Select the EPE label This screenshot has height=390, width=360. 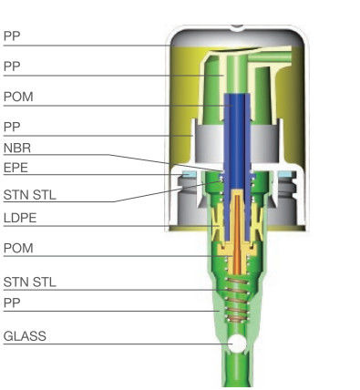click(x=15, y=168)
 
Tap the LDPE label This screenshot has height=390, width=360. click(x=19, y=219)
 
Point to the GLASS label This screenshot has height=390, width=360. click(x=25, y=336)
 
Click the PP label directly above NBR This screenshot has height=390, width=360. click(x=12, y=125)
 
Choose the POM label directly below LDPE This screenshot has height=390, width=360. click(x=18, y=248)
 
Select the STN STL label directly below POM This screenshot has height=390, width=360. click(x=29, y=282)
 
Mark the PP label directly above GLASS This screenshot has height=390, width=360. click(x=12, y=302)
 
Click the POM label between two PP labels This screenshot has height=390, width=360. click(x=18, y=96)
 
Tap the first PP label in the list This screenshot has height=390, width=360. click(x=12, y=36)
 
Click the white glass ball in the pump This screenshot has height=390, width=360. click(x=239, y=344)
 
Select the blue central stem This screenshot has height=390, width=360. click(x=239, y=137)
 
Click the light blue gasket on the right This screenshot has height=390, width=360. click(x=289, y=173)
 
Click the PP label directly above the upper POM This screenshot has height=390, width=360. click(x=12, y=67)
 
